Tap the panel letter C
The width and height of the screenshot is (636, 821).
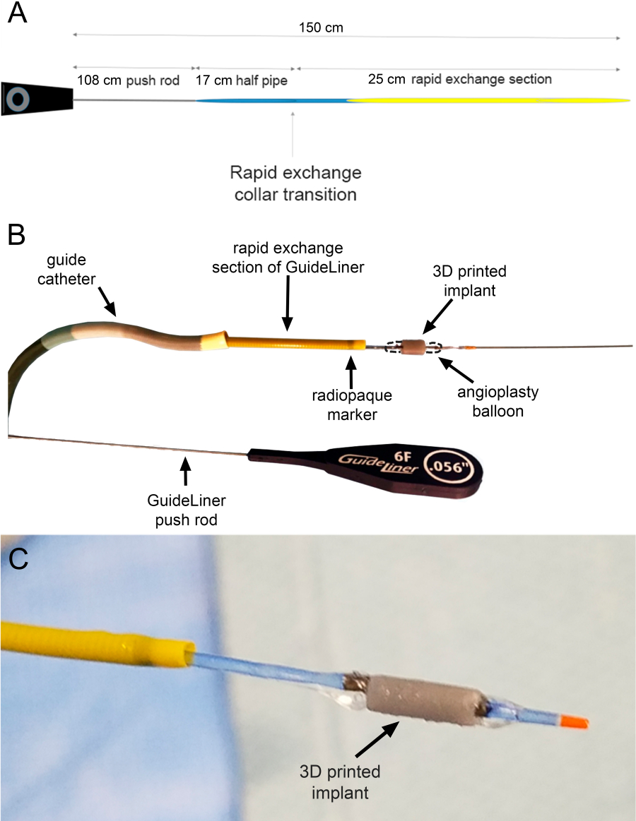(x=18, y=558)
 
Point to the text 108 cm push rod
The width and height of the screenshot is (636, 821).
(x=129, y=80)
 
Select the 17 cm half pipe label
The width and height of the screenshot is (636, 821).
(x=242, y=80)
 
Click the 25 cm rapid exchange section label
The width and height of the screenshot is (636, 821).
(x=460, y=79)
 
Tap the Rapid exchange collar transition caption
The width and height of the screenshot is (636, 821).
(x=295, y=182)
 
